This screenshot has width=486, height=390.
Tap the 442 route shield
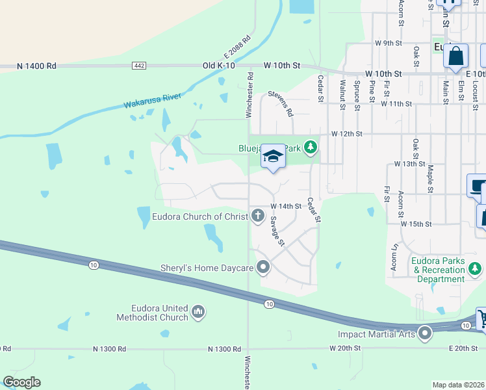coord(138,66)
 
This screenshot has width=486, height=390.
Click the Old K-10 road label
coord(218,66)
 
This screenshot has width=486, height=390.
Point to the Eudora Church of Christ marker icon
coord(259,215)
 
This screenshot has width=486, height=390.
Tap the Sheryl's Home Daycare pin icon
coord(263,266)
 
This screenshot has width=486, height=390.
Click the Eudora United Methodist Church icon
coord(198,313)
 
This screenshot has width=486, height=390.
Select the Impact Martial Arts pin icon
coord(426,334)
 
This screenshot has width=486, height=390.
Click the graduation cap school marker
coord(274,157)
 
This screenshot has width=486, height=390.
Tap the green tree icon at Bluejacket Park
coord(311,148)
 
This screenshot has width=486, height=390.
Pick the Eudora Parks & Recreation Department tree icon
coord(475,267)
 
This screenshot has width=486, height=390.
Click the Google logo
coord(21,382)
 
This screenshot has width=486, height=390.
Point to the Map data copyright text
coord(459,385)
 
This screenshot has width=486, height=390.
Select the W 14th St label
coord(287,206)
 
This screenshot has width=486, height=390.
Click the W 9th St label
coord(389,43)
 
